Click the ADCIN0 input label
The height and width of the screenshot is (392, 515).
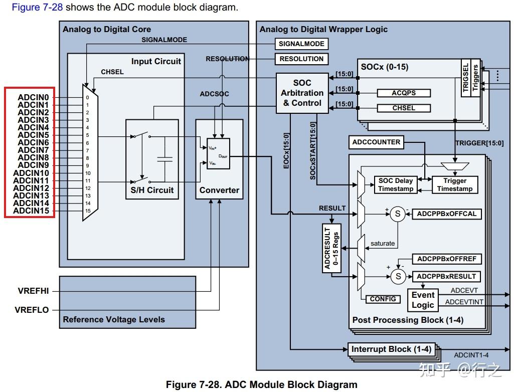33,97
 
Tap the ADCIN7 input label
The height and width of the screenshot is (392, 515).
33,150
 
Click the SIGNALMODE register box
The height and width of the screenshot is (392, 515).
301,44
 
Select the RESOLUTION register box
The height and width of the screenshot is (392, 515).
301,59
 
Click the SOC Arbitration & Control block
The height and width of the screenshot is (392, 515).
302,93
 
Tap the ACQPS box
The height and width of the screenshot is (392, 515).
403,93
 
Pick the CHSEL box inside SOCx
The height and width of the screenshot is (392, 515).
403,108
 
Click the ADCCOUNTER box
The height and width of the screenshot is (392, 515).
376,142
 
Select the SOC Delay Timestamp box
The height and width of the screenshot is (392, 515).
396,184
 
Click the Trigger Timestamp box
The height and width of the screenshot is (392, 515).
455,184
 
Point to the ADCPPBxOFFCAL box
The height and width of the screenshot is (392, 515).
447,214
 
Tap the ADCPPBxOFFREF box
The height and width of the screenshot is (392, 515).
447,259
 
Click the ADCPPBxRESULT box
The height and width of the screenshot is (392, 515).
446,276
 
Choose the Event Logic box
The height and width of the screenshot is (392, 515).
423,300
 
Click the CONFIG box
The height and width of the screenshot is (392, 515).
383,299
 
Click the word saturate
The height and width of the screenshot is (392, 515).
383,244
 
